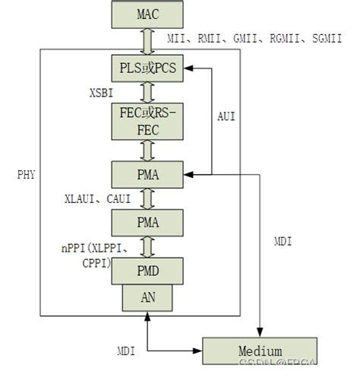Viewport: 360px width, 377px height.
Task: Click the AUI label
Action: coord(226,118)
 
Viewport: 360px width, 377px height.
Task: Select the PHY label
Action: coord(25,174)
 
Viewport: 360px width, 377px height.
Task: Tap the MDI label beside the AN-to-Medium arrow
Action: coord(125,352)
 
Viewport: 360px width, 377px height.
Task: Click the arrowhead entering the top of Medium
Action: coord(261,332)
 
